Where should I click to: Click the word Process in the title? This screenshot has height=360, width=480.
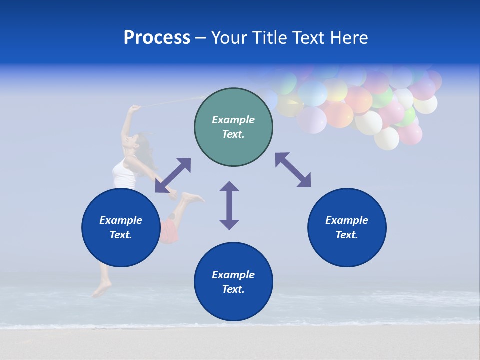click(157, 38)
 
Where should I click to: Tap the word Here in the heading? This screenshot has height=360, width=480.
click(348, 38)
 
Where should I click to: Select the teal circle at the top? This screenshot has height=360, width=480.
click(233, 127)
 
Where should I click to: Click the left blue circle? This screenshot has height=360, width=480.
click(121, 227)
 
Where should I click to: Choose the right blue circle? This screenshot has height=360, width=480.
click(347, 227)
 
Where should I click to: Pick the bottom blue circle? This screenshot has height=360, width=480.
click(233, 282)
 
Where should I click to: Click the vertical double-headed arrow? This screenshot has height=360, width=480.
click(229, 205)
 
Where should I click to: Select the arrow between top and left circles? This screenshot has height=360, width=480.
click(173, 175)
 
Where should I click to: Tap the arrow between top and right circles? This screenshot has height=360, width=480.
click(293, 170)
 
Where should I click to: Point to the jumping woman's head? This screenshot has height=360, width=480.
click(142, 142)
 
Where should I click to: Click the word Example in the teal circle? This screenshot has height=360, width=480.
click(233, 120)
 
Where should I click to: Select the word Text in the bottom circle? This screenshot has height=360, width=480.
click(233, 289)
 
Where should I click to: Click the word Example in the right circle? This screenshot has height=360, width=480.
click(347, 220)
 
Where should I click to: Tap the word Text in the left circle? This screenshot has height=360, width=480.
click(121, 235)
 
